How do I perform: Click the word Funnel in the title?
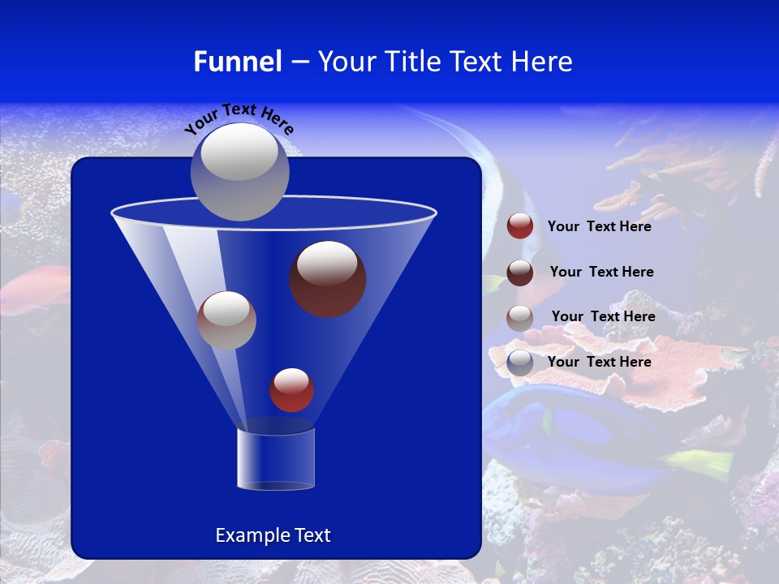pyautogui.click(x=237, y=62)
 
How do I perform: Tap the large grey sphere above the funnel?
pyautogui.click(x=240, y=171)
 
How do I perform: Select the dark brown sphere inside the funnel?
pyautogui.click(x=328, y=279)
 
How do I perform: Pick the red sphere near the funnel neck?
pyautogui.click(x=291, y=390)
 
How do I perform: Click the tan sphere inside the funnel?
pyautogui.click(x=227, y=320)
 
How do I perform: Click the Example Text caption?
pyautogui.click(x=273, y=535)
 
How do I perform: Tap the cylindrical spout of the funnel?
pyautogui.click(x=276, y=459)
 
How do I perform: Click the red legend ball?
pyautogui.click(x=520, y=226)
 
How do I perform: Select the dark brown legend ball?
pyautogui.click(x=520, y=273)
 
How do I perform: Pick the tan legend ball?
pyautogui.click(x=520, y=318)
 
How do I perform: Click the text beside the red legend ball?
pyautogui.click(x=600, y=227)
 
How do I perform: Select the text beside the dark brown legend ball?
pyautogui.click(x=601, y=273)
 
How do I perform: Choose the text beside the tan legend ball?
pyautogui.click(x=603, y=317)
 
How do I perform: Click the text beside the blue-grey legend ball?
pyautogui.click(x=600, y=362)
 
